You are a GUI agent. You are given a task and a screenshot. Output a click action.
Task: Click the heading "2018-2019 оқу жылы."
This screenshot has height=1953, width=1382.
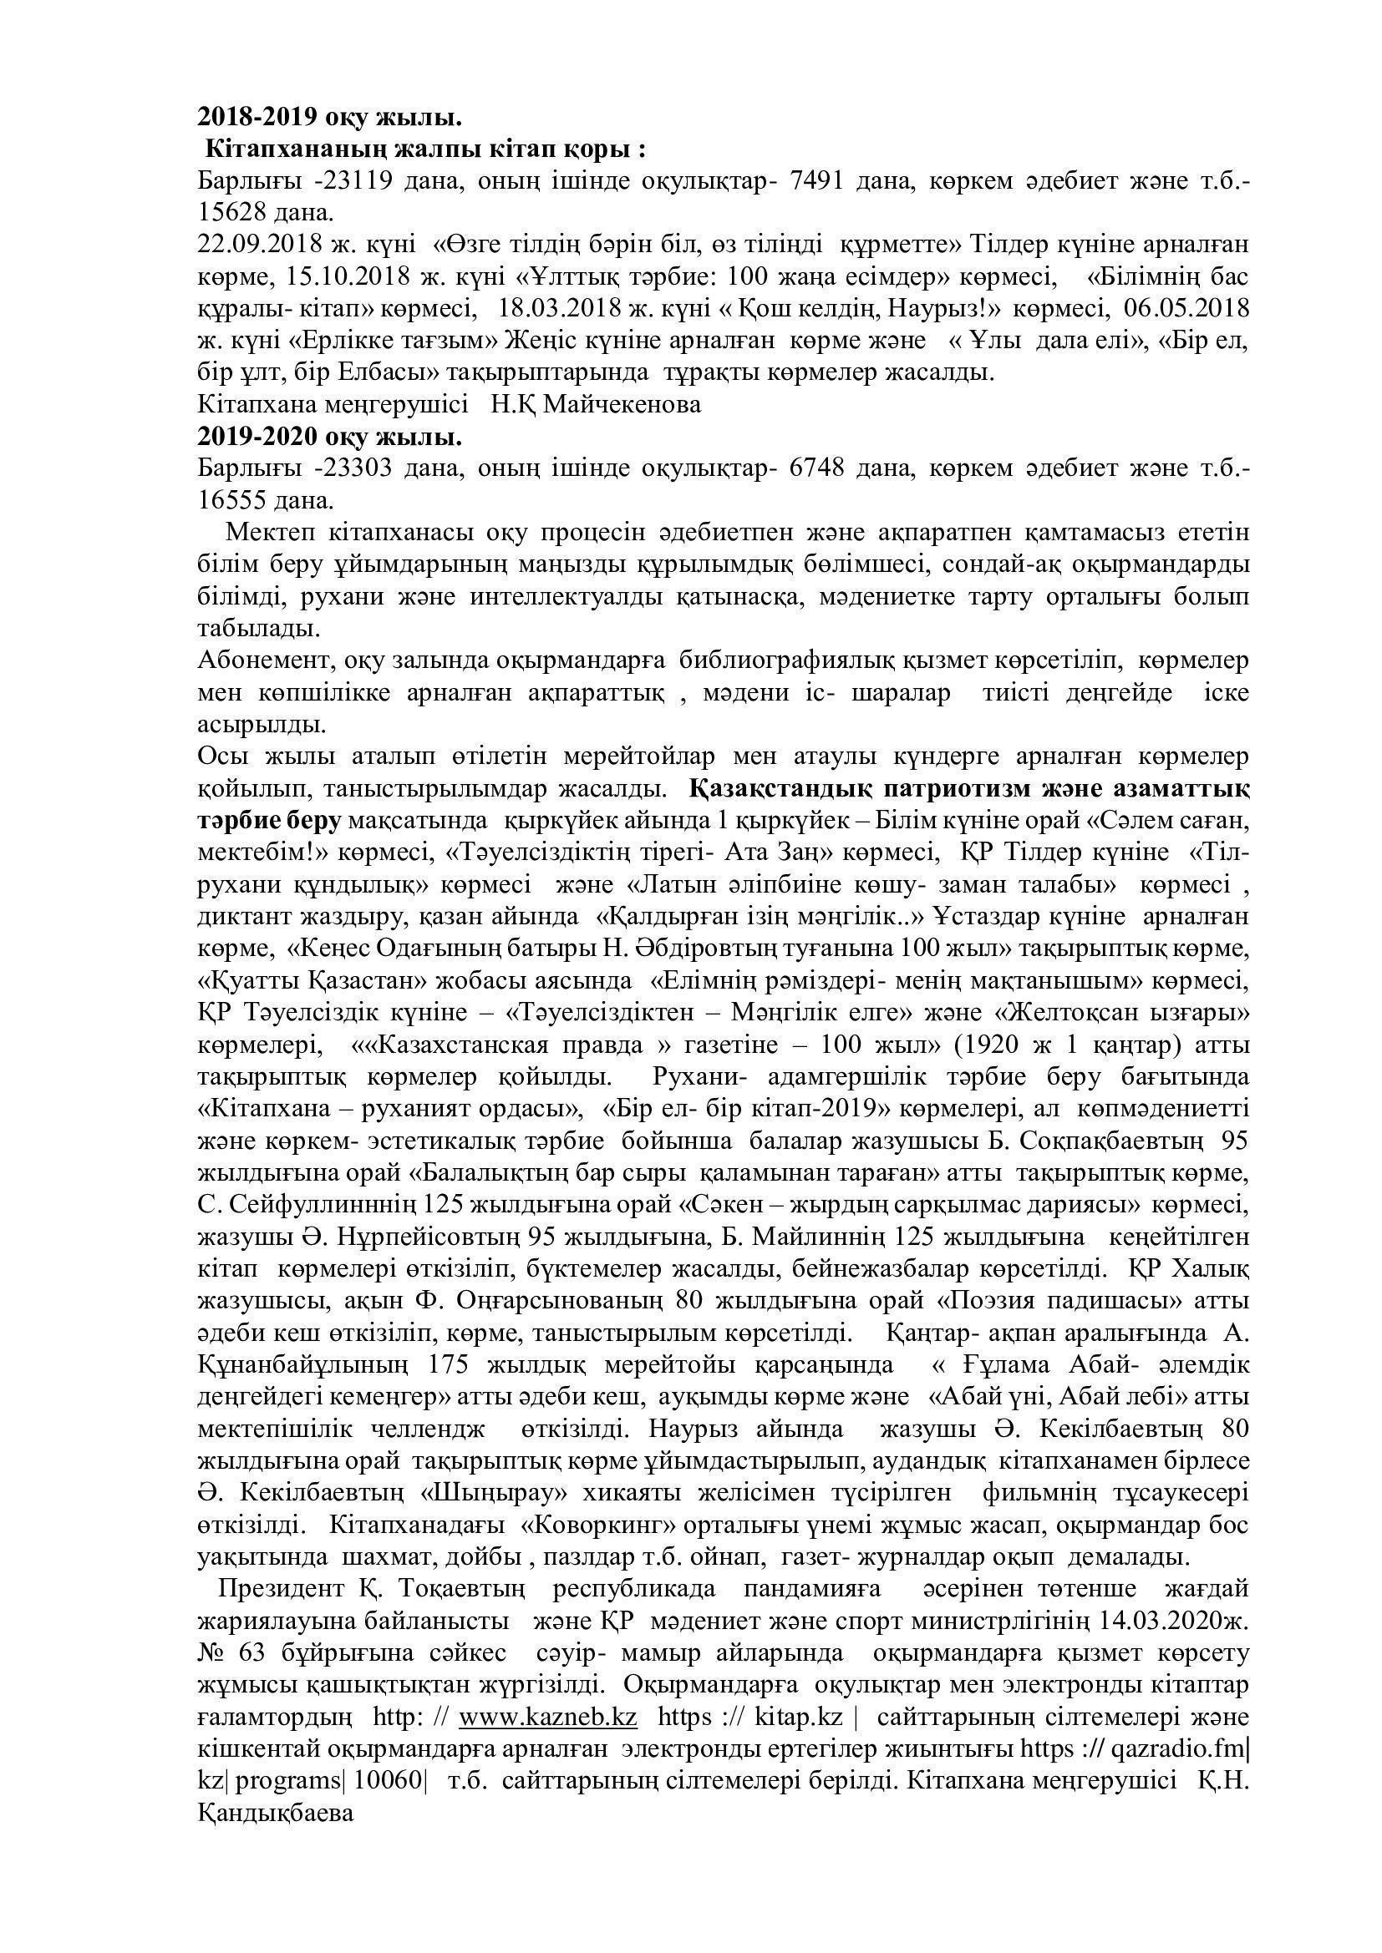click(x=329, y=117)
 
